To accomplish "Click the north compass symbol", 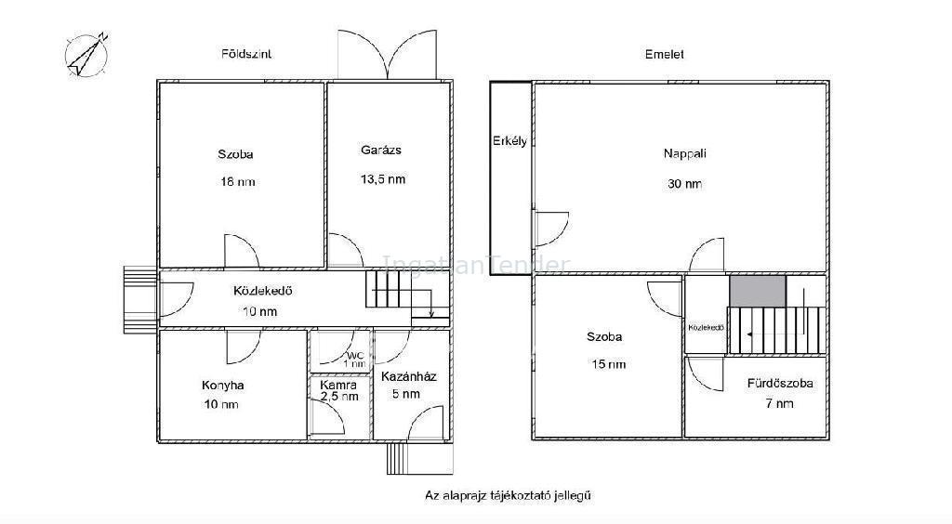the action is pyautogui.click(x=86, y=55).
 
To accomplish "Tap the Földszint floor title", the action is pyautogui.click(x=245, y=54).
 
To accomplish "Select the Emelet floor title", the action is pyautogui.click(x=664, y=54).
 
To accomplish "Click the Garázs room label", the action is pyautogui.click(x=381, y=150).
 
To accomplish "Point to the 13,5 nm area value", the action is pyautogui.click(x=382, y=179).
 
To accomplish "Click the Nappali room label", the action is pyautogui.click(x=685, y=153).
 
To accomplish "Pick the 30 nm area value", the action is pyautogui.click(x=685, y=183).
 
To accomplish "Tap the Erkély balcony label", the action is pyautogui.click(x=510, y=140).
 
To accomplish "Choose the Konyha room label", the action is pyautogui.click(x=223, y=386).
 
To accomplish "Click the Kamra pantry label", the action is pyautogui.click(x=338, y=386).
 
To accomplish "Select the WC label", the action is pyautogui.click(x=355, y=356).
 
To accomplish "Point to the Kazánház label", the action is pyautogui.click(x=409, y=376).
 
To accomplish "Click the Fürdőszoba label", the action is pyautogui.click(x=780, y=384).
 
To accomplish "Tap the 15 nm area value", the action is pyautogui.click(x=608, y=364).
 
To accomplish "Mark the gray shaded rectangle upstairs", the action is pyautogui.click(x=758, y=292).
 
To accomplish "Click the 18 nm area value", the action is pyautogui.click(x=237, y=181).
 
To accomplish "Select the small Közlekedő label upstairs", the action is pyautogui.click(x=707, y=327).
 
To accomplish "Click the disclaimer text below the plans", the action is pyautogui.click(x=508, y=495).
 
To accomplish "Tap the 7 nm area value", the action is pyautogui.click(x=780, y=403).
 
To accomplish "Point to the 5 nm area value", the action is pyautogui.click(x=406, y=394).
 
